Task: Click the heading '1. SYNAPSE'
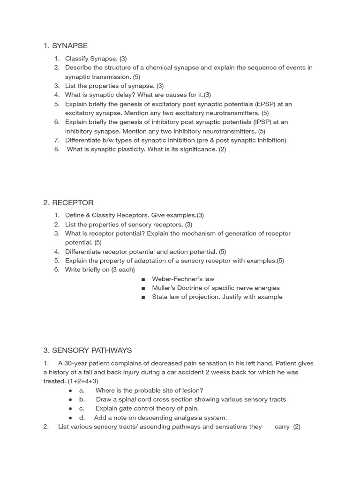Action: coord(65,45)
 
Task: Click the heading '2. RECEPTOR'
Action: coord(68,202)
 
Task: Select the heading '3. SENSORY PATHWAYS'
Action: coord(87,350)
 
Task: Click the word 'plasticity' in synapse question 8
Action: coord(129,149)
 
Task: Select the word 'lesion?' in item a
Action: coord(192,390)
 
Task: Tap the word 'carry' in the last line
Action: coord(282,427)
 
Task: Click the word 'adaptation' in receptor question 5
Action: coord(141,261)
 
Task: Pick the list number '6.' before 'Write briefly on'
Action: coord(57,270)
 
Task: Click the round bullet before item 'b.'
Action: coord(70,400)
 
